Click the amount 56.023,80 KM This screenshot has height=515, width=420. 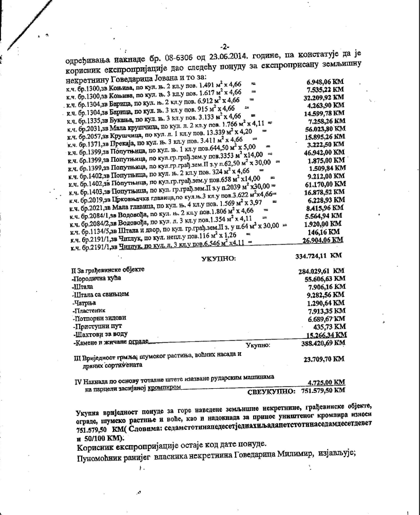pyautogui.click(x=325, y=130)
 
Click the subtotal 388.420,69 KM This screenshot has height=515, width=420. pyautogui.click(x=321, y=344)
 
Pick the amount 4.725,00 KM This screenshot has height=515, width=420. pyautogui.click(x=326, y=382)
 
